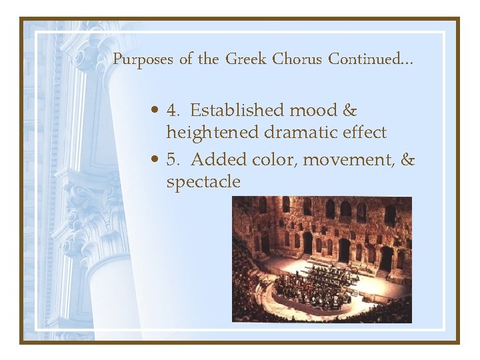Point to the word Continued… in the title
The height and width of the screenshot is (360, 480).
tap(370, 59)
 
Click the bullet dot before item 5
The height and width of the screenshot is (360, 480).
tap(154, 161)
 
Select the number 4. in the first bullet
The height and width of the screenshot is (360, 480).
tap(174, 110)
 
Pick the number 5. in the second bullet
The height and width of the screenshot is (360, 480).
tap(174, 160)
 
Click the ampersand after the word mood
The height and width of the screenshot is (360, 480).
tap(351, 110)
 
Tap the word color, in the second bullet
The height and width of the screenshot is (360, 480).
tap(277, 160)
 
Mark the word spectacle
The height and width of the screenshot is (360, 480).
tap(203, 183)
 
